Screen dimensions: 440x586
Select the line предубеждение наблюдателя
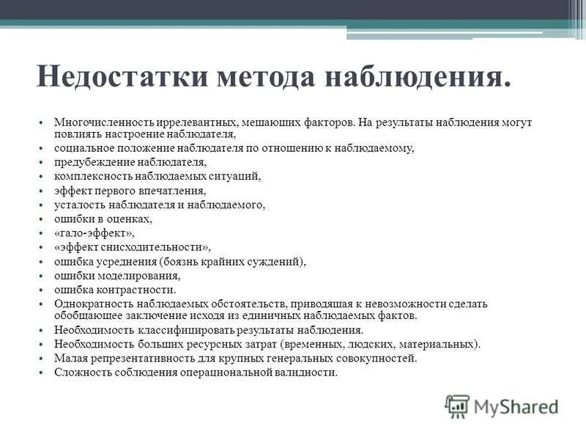(x=130, y=162)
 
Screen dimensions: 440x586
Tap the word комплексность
(x=91, y=177)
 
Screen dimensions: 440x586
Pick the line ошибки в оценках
(x=103, y=219)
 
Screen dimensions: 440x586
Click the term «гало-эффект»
(x=94, y=233)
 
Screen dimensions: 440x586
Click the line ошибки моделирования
(x=117, y=276)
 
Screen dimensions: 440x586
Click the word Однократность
(x=91, y=304)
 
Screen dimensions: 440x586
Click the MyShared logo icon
(x=457, y=406)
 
